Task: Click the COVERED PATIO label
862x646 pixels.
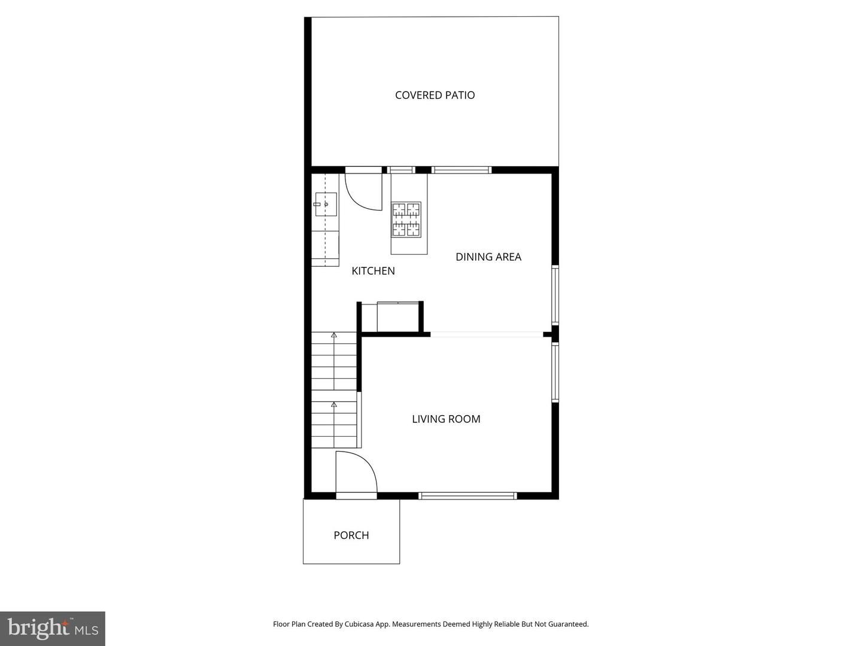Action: pyautogui.click(x=435, y=95)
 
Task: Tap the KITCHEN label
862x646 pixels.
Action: pyautogui.click(x=373, y=271)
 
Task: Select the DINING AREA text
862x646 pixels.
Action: pyautogui.click(x=488, y=257)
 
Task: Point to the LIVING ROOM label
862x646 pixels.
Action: pyautogui.click(x=446, y=419)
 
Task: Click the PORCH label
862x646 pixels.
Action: pyautogui.click(x=351, y=535)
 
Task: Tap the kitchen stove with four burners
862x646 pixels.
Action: pyautogui.click(x=406, y=220)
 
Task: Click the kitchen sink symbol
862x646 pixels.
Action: pyautogui.click(x=326, y=204)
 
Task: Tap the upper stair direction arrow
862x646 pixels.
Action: pyautogui.click(x=333, y=336)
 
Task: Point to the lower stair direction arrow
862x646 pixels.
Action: pyautogui.click(x=333, y=405)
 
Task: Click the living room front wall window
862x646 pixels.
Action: pyautogui.click(x=467, y=495)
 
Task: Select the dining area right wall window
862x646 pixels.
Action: pyautogui.click(x=555, y=295)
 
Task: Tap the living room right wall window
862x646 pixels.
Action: pyautogui.click(x=555, y=371)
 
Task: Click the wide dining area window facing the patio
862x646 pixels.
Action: pyautogui.click(x=461, y=170)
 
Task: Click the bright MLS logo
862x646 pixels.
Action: pyautogui.click(x=53, y=628)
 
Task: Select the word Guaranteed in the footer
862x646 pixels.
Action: pyautogui.click(x=567, y=624)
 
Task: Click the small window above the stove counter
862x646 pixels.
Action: pyautogui.click(x=401, y=170)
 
